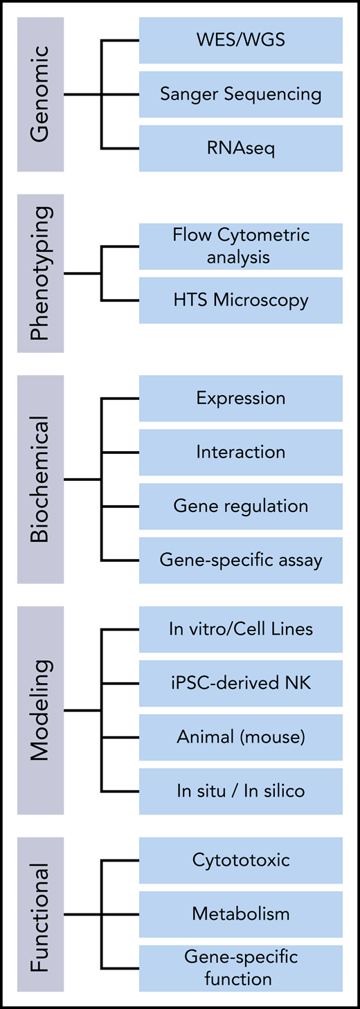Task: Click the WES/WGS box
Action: click(x=240, y=40)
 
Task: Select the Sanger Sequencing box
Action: click(x=240, y=94)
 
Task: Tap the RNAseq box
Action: click(x=240, y=148)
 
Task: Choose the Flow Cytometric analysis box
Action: click(x=240, y=246)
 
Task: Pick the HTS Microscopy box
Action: click(x=240, y=300)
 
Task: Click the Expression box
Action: click(x=240, y=399)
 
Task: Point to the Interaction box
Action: click(x=240, y=452)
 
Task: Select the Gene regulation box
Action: click(x=240, y=506)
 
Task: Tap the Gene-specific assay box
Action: click(x=240, y=560)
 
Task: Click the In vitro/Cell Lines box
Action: click(x=240, y=629)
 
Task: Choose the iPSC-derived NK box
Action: click(x=240, y=683)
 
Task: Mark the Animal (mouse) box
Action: click(x=240, y=737)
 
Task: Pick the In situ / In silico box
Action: click(x=240, y=791)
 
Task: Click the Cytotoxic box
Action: click(x=240, y=860)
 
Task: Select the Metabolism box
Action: click(x=240, y=914)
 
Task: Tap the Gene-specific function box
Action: click(x=240, y=968)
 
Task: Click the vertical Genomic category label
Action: click(x=41, y=94)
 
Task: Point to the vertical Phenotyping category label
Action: click(x=41, y=273)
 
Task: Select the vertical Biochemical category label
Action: click(x=41, y=479)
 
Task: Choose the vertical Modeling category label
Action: click(x=41, y=710)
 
